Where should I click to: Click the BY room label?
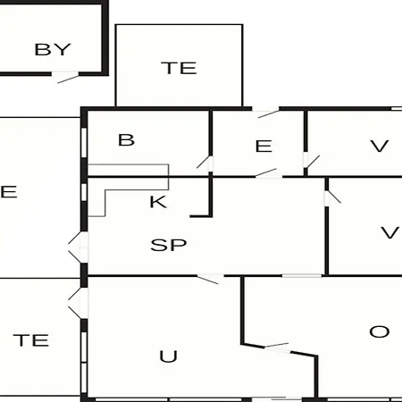click(x=53, y=49)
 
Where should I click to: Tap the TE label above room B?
click(x=179, y=68)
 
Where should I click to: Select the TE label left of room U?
click(x=31, y=340)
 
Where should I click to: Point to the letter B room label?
click(x=126, y=140)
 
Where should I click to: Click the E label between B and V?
click(x=264, y=147)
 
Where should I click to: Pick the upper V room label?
click(x=380, y=147)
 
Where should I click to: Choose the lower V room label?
click(x=389, y=232)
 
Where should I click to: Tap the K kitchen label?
click(x=158, y=202)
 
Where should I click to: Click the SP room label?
click(x=169, y=245)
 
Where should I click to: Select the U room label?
click(x=169, y=356)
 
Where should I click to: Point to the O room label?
click(x=380, y=331)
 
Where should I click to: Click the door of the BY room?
click(x=65, y=78)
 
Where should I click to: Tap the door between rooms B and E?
click(x=205, y=163)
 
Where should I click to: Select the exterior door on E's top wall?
click(x=265, y=113)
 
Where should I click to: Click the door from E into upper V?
click(x=311, y=161)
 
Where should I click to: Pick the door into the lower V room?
click(x=332, y=197)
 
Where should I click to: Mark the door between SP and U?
click(x=210, y=279)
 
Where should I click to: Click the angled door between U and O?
click(x=277, y=348)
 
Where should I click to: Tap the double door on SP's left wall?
click(x=79, y=247)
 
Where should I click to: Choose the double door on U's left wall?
click(x=79, y=303)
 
